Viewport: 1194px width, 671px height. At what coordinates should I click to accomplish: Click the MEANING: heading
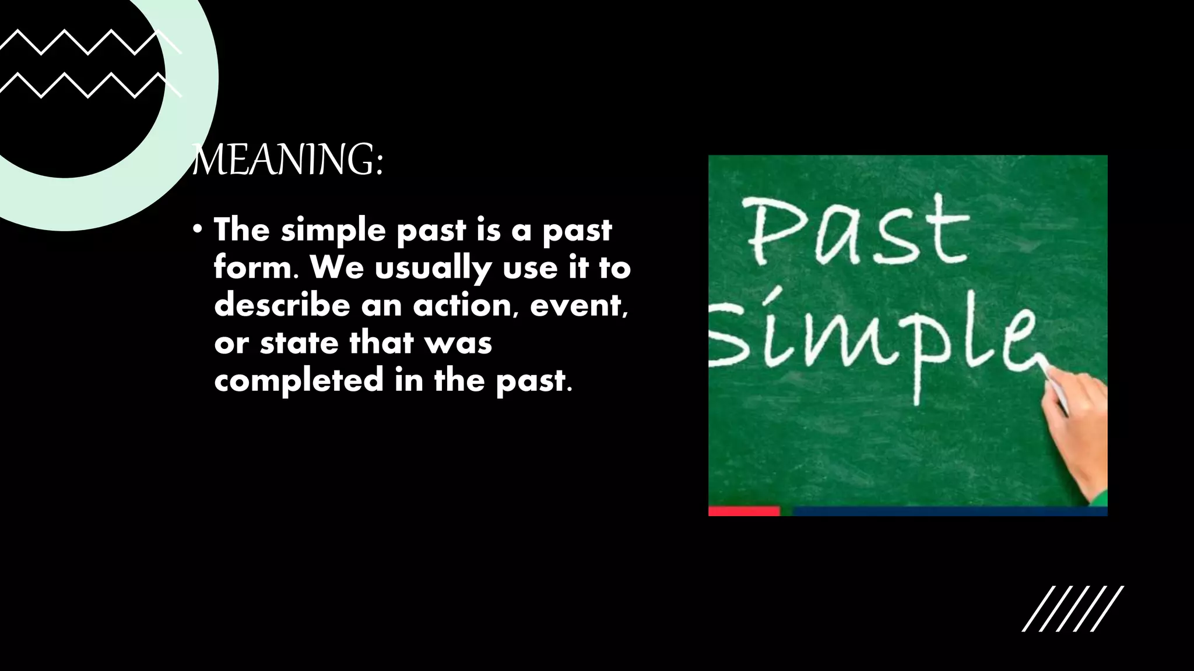pyautogui.click(x=288, y=160)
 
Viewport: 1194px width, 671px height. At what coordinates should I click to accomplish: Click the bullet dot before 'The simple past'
pyautogui.click(x=198, y=229)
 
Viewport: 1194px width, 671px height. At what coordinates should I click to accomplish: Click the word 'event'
pyautogui.click(x=577, y=305)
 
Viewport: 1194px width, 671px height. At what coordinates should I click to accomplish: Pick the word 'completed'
pyautogui.click(x=299, y=380)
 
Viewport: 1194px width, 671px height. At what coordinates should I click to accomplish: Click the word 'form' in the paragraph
pyautogui.click(x=252, y=268)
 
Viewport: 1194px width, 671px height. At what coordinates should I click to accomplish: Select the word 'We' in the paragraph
pyautogui.click(x=336, y=268)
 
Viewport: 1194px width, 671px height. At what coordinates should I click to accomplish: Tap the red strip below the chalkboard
pyautogui.click(x=744, y=511)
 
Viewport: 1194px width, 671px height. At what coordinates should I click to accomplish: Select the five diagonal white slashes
pyautogui.click(x=1073, y=609)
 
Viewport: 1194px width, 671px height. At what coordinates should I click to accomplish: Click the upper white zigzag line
pyautogui.click(x=87, y=42)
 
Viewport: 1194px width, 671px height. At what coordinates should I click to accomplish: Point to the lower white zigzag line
pyautogui.click(x=87, y=85)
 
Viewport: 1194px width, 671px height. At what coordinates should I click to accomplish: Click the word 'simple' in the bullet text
pyautogui.click(x=333, y=231)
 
